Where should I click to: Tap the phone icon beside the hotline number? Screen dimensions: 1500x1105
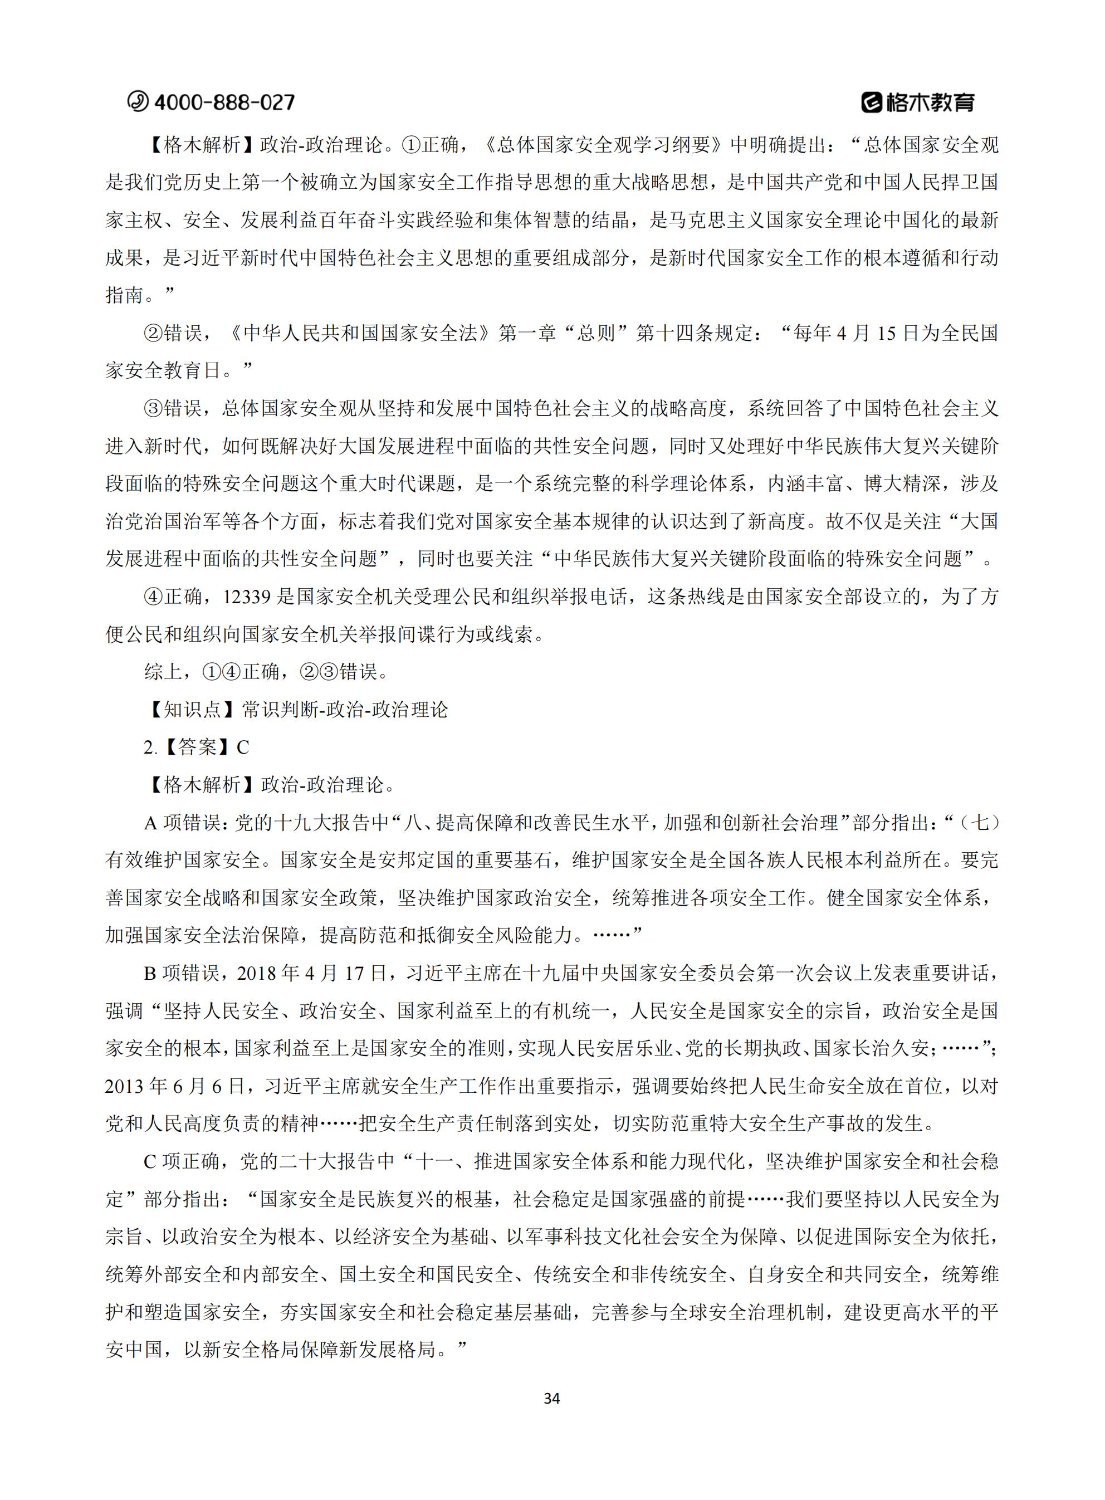tap(139, 101)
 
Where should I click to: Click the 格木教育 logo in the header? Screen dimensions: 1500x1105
tap(918, 102)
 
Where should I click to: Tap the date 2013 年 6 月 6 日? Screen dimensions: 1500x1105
tap(175, 1086)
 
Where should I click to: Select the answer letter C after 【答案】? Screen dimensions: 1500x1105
tap(243, 747)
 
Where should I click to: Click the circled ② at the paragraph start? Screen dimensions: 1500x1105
tap(153, 334)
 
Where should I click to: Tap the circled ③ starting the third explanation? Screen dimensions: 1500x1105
tap(153, 409)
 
